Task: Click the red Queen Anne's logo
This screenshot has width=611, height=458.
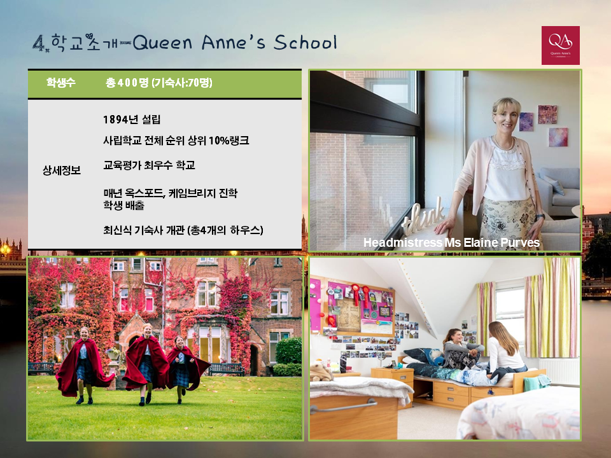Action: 560,45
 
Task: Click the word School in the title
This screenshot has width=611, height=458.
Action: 305,42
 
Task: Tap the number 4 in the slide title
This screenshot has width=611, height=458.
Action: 38,43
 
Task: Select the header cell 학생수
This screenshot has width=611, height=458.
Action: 61,83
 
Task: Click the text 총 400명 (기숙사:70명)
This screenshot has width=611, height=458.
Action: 159,83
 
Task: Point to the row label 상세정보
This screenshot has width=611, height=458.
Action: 62,170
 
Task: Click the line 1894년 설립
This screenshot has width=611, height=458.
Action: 132,120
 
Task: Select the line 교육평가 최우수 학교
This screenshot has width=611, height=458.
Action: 149,165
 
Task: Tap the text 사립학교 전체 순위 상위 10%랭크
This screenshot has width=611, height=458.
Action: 176,140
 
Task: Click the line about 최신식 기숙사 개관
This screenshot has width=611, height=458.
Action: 183,230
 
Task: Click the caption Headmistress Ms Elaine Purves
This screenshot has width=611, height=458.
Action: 451,242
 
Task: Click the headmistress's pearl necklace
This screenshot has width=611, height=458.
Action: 504,143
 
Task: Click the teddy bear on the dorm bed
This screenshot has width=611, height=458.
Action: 321,371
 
